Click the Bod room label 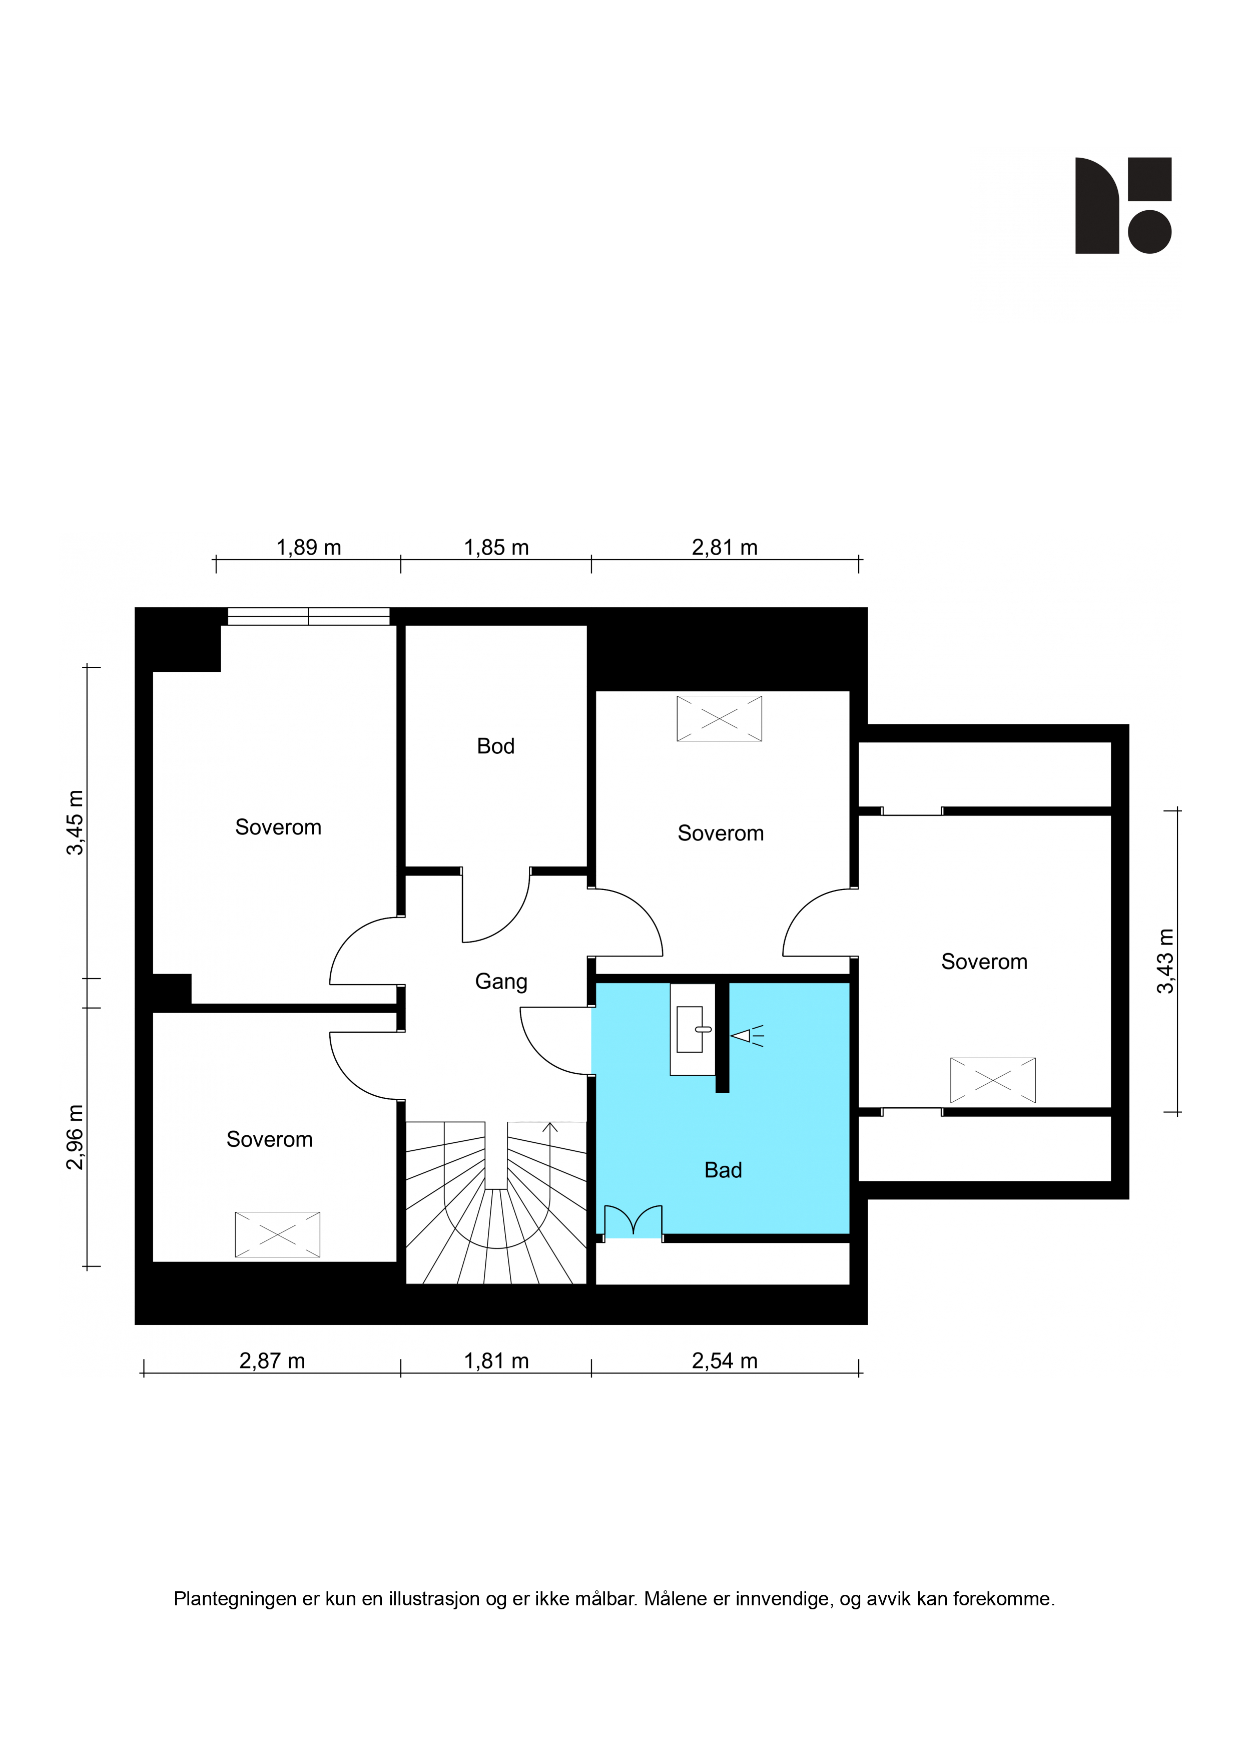click(x=495, y=746)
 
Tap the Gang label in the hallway click(x=501, y=982)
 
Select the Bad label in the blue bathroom click(x=723, y=1170)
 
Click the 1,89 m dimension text click(x=308, y=548)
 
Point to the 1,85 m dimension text click(x=496, y=548)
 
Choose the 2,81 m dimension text click(x=724, y=548)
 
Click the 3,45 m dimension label click(x=75, y=822)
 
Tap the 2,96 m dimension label click(x=75, y=1137)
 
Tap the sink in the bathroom click(x=693, y=1030)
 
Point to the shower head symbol click(x=747, y=1036)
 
